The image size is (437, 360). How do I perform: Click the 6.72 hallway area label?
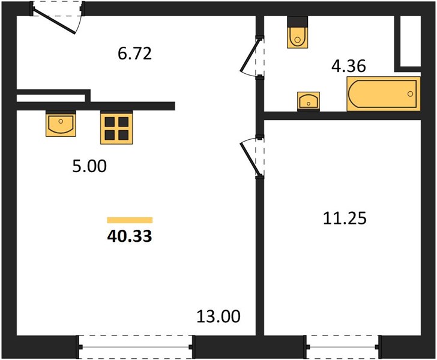[135, 54]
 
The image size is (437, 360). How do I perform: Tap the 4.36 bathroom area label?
[348, 67]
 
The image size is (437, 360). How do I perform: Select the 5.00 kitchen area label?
[89, 166]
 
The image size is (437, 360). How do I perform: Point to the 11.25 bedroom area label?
[345, 218]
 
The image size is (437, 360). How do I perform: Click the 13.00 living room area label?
[218, 317]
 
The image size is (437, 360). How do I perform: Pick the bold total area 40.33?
[130, 236]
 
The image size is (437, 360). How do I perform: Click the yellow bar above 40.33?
[130, 220]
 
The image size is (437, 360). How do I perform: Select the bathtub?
[384, 94]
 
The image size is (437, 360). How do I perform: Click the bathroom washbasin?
[309, 101]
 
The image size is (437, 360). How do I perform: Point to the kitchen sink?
[61, 124]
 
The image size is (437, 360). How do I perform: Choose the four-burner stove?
[116, 128]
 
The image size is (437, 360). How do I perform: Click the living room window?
[136, 347]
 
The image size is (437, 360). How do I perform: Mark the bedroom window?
[343, 347]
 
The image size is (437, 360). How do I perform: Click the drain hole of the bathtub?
[410, 94]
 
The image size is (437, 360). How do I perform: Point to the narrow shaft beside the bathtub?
[411, 41]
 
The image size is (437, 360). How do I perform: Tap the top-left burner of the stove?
[110, 122]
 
